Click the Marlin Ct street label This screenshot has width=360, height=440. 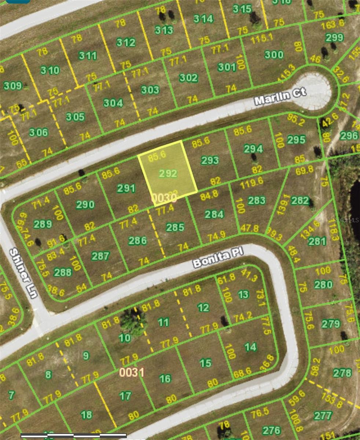click(x=280, y=96)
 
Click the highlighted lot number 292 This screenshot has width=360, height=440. click(x=168, y=173)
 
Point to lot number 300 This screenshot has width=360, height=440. click(x=274, y=55)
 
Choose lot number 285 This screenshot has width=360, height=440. click(x=175, y=227)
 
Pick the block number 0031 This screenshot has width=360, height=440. click(x=132, y=372)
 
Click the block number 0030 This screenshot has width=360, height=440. click(x=164, y=198)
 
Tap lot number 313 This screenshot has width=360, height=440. click(x=164, y=30)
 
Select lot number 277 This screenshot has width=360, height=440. click(x=323, y=415)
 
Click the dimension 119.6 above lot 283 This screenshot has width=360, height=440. click(x=251, y=181)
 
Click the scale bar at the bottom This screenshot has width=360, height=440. click(x=73, y=436)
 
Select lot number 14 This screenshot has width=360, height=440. click(x=250, y=346)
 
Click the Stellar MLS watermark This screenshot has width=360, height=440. click(x=346, y=220)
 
